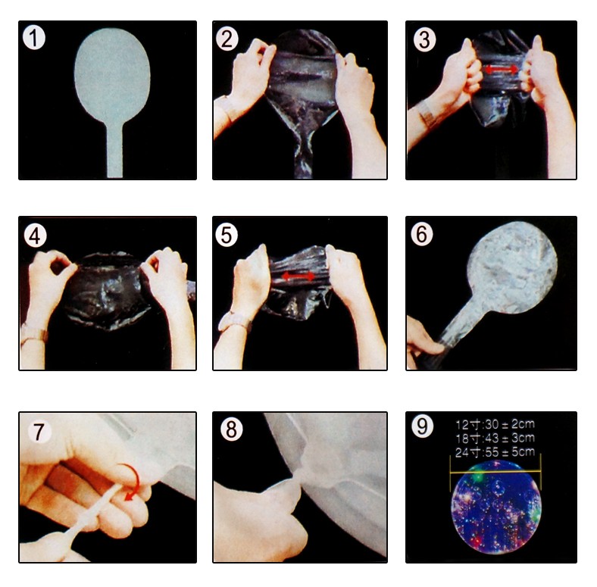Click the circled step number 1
34,38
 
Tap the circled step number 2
227,39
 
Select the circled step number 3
424,40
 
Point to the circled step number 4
35,236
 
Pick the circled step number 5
227,236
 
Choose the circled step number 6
422,234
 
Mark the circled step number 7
39,432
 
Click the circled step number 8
232,429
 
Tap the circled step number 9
423,426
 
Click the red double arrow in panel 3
501,69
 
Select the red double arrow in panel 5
298,276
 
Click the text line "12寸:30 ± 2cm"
495,424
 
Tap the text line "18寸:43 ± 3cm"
495,438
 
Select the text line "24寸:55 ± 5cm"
495,452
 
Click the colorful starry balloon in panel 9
495,506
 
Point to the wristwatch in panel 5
235,320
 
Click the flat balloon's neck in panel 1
114,151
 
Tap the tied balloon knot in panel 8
301,476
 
